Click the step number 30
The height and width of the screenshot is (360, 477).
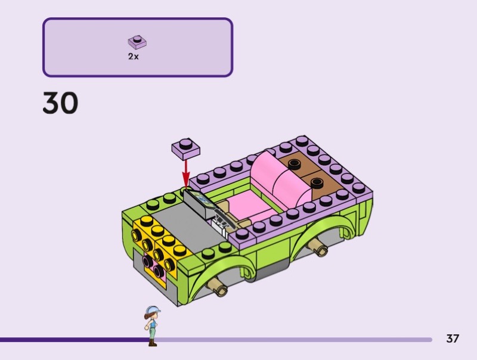(60, 103)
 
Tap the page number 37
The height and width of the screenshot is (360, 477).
(453, 339)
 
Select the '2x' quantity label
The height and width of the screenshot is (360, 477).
(133, 56)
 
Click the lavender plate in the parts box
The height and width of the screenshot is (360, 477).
(137, 42)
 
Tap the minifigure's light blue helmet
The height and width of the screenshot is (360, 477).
(153, 310)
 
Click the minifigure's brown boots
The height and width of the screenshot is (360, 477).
(153, 343)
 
